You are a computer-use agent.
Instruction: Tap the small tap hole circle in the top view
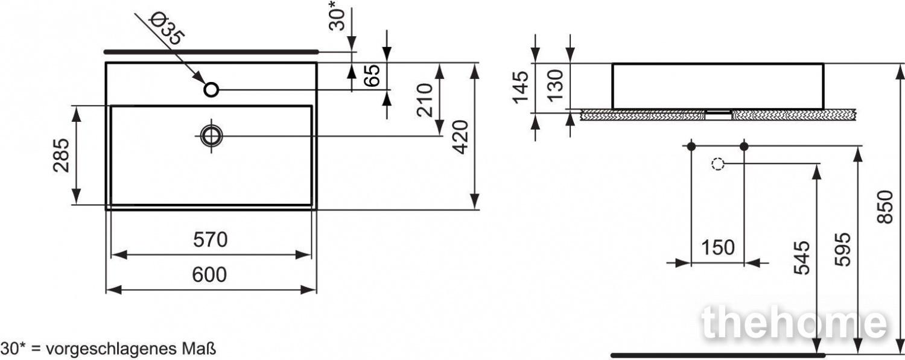[211, 89]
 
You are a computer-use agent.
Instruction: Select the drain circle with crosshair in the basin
[211, 136]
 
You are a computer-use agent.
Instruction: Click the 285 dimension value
[61, 156]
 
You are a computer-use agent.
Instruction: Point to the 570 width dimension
[210, 240]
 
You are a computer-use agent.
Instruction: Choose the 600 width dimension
[209, 275]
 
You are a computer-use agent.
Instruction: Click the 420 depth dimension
[460, 137]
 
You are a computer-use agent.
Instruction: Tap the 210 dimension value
[425, 100]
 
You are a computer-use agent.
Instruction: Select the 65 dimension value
[372, 75]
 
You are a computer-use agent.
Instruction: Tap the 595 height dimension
[842, 250]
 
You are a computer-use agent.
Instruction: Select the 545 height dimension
[802, 258]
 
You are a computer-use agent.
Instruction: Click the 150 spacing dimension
[718, 247]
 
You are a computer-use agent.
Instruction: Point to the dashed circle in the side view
[717, 164]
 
